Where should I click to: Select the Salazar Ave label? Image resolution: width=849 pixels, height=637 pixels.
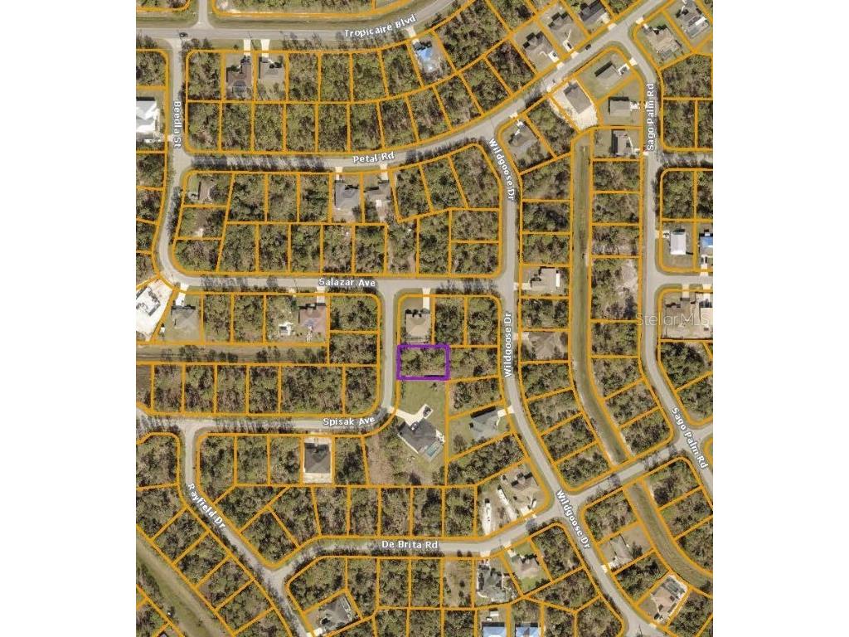click(x=347, y=283)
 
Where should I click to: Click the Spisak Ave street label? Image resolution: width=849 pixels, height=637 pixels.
click(x=349, y=421)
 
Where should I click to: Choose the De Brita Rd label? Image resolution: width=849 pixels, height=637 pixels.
click(x=409, y=545)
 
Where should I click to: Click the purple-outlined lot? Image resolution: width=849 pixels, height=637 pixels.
click(x=424, y=362)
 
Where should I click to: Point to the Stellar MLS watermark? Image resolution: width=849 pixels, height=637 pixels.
click(x=672, y=317)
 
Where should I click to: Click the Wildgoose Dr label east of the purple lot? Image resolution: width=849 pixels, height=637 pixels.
click(x=507, y=343)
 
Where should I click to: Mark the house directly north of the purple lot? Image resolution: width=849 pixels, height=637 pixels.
click(x=417, y=322)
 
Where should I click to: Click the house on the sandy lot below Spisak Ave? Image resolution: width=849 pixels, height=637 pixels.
click(x=317, y=459)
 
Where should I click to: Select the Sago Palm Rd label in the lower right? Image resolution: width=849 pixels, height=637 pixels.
click(x=690, y=437)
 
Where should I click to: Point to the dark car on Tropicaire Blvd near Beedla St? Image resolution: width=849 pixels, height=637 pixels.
click(x=182, y=35)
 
